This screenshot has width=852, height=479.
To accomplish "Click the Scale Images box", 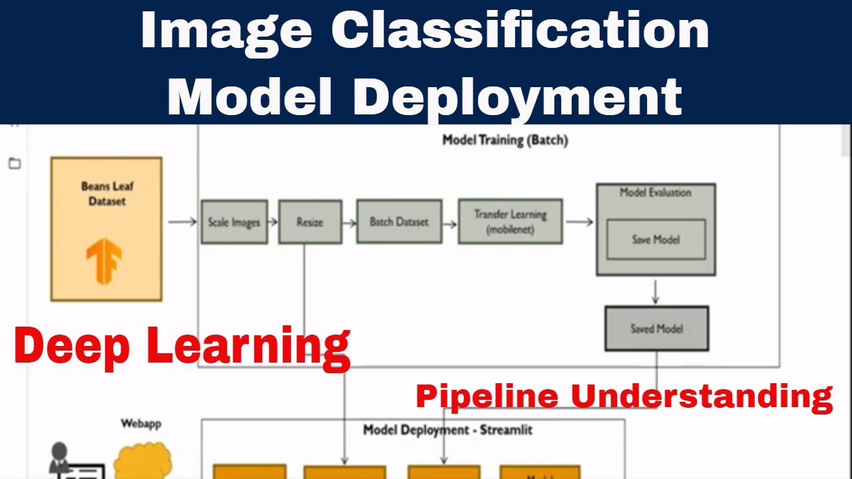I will pyautogui.click(x=234, y=222).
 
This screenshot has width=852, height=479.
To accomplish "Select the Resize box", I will pyautogui.click(x=310, y=222).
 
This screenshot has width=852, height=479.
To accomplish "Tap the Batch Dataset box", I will pyautogui.click(x=399, y=222).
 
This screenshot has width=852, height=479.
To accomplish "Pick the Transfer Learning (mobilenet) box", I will pyautogui.click(x=510, y=222).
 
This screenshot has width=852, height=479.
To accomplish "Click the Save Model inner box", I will pyautogui.click(x=656, y=239).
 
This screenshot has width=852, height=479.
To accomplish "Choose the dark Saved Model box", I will pyautogui.click(x=656, y=329).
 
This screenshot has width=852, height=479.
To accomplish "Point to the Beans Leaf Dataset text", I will pyautogui.click(x=107, y=194).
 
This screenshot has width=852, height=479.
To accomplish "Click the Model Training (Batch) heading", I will pyautogui.click(x=505, y=140).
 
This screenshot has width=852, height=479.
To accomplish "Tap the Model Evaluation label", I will pyautogui.click(x=656, y=193).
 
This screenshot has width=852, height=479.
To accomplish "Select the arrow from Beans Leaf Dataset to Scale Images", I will pyautogui.click(x=182, y=222).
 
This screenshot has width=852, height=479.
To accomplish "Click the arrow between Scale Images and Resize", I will pyautogui.click(x=273, y=222).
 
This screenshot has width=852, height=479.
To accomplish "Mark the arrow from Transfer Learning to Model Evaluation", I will pyautogui.click(x=579, y=222).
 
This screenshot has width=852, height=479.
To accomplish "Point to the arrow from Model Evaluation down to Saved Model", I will pyautogui.click(x=656, y=291).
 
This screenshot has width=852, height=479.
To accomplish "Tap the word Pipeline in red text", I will pyautogui.click(x=487, y=397).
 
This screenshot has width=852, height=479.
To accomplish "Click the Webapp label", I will pyautogui.click(x=140, y=423).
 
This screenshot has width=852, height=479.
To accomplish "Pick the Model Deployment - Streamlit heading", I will pyautogui.click(x=447, y=430).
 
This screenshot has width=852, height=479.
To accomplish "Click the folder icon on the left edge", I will pyautogui.click(x=15, y=164).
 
